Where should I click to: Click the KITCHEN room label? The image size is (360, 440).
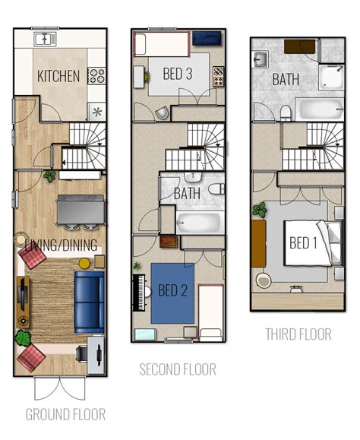click(x=58, y=76)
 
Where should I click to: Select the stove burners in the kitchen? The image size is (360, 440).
click(x=96, y=75)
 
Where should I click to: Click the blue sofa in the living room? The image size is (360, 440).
click(x=89, y=300)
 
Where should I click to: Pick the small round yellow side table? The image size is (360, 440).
click(x=84, y=263)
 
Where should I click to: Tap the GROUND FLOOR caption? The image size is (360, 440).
click(x=65, y=414)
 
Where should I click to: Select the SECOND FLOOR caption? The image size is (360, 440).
click(x=177, y=369)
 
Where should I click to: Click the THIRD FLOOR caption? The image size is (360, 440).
click(x=298, y=334)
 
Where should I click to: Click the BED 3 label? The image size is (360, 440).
click(x=178, y=74)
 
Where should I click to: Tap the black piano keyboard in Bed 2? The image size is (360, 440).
click(x=138, y=291)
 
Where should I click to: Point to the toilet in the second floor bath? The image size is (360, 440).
click(x=216, y=188)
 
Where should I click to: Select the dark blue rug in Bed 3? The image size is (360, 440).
click(x=206, y=39)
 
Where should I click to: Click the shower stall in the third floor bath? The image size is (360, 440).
click(x=331, y=76)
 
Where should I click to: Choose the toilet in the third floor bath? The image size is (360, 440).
click(x=286, y=113)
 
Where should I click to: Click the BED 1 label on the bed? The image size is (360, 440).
click(x=302, y=243)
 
